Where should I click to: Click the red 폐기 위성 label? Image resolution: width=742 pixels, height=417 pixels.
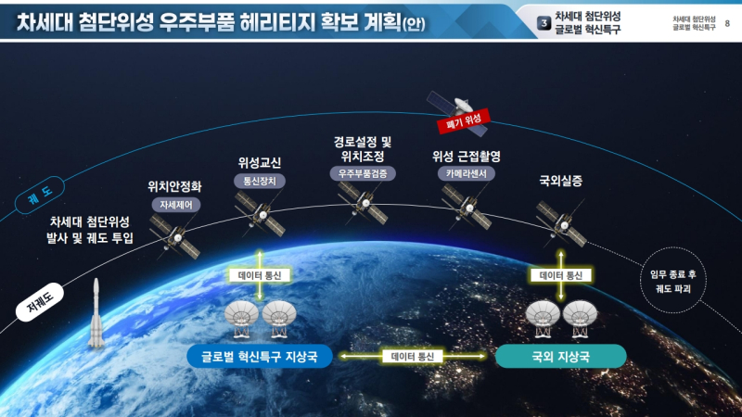point(463,121)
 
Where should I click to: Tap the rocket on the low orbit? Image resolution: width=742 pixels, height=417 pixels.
point(96,312)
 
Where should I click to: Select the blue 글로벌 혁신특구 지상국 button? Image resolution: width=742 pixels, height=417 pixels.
point(260,356)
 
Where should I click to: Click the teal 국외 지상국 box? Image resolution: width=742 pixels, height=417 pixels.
point(561,356)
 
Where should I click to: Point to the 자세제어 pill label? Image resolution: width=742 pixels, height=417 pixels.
point(176,205)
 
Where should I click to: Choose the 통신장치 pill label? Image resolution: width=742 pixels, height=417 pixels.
point(260,181)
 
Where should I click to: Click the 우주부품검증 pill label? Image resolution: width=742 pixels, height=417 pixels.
point(363,173)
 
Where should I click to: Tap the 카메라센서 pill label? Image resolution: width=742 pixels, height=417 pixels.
point(467,173)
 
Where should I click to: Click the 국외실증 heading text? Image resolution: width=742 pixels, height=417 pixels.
point(561,181)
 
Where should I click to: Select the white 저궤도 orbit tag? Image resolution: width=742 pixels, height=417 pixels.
point(40,302)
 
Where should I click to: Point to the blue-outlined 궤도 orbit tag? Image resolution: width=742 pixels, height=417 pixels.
point(40,195)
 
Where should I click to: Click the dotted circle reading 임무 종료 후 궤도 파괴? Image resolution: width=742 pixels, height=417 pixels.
point(673,280)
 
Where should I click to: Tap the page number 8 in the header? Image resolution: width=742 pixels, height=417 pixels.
point(727,23)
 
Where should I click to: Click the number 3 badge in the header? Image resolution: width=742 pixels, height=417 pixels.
point(544,22)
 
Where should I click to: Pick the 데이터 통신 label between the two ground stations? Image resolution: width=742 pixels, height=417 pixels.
point(413,356)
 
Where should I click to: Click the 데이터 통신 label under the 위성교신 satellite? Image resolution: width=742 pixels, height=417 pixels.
point(260,275)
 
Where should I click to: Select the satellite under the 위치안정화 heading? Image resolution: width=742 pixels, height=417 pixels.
point(174,236)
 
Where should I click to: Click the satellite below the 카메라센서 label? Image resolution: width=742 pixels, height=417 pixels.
point(467,207)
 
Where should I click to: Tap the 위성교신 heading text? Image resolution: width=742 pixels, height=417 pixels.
point(260,163)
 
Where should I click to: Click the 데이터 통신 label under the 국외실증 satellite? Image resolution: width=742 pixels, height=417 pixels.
point(561,275)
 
